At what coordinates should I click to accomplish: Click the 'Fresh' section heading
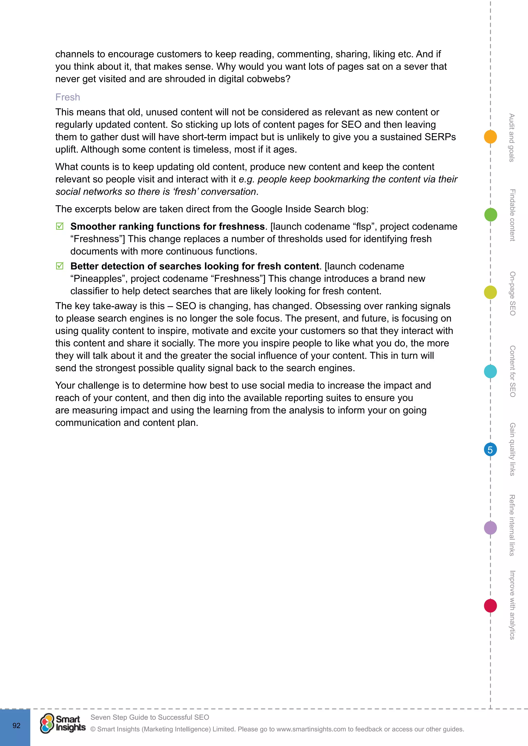click(68, 97)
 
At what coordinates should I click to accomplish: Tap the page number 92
click(16, 726)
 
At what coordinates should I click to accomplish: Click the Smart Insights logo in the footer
click(63, 723)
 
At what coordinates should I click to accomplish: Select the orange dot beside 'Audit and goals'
click(490, 137)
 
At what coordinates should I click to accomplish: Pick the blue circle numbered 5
click(490, 450)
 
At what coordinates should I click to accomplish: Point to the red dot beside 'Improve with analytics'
click(490, 606)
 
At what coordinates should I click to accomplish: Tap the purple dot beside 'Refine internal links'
click(490, 528)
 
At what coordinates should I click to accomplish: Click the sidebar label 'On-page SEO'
click(512, 293)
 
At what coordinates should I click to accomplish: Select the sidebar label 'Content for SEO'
click(512, 371)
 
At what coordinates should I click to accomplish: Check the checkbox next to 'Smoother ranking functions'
click(60, 226)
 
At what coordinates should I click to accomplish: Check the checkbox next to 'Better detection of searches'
click(60, 266)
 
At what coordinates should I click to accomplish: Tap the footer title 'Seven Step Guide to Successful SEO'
click(150, 717)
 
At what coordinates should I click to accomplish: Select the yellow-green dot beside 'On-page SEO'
click(490, 292)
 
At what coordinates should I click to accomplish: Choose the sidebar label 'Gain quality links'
click(512, 449)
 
